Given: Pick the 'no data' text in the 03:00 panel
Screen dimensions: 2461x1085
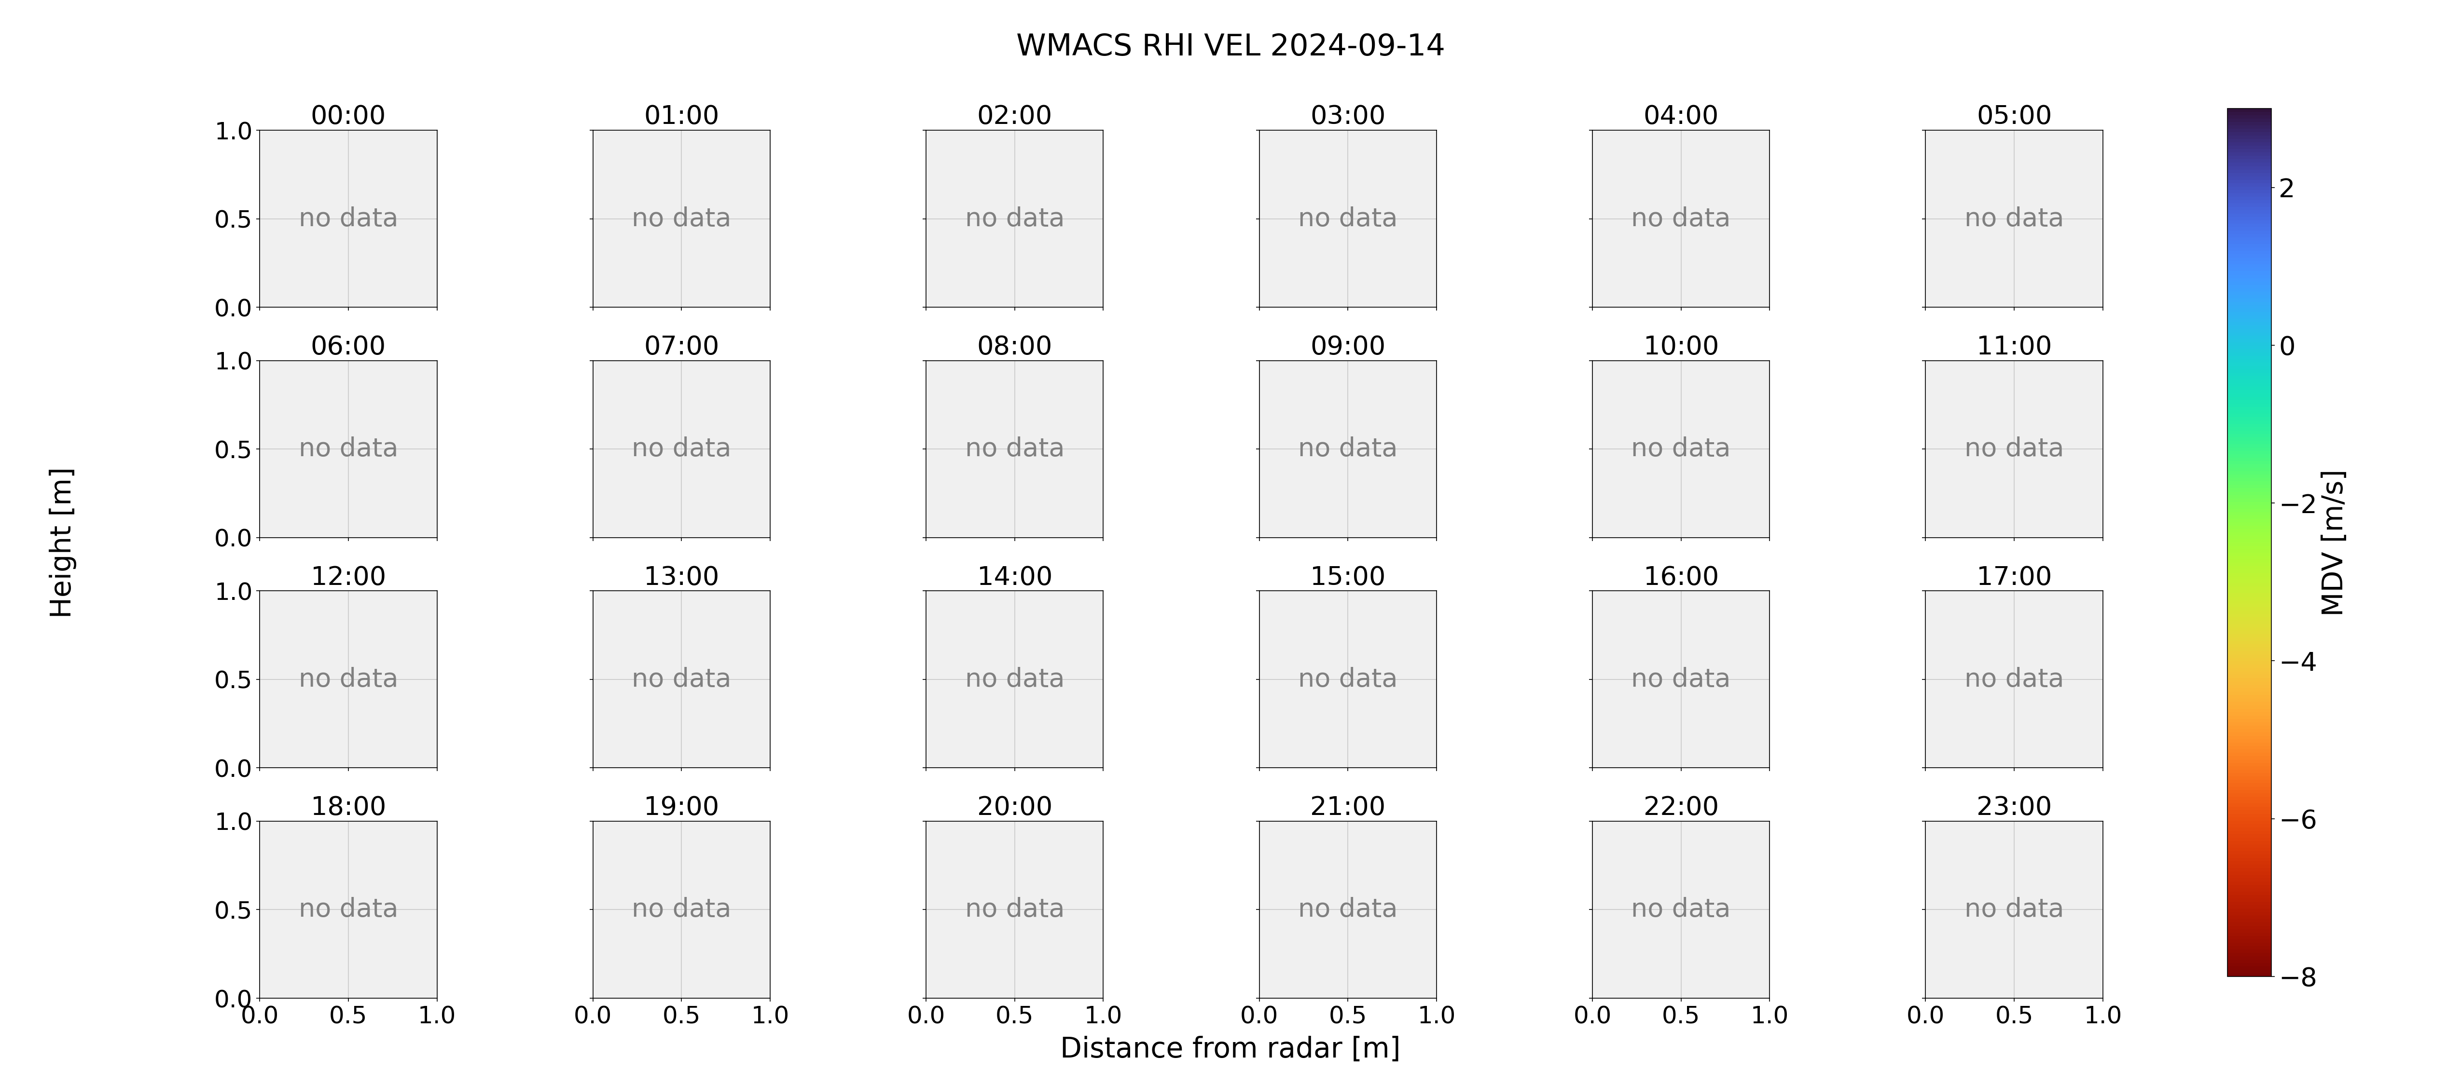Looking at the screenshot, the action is point(1347,218).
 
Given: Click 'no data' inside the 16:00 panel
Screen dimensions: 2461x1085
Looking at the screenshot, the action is point(1680,678).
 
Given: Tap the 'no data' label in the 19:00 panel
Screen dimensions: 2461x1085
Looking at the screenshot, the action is point(681,909).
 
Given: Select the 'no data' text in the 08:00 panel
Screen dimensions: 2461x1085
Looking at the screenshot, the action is point(1014,448).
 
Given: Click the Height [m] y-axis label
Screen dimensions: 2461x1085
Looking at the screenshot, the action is point(61,542).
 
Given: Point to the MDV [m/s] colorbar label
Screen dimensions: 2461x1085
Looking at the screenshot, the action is point(2332,542).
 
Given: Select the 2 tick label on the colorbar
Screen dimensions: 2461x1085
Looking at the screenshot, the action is point(2286,188).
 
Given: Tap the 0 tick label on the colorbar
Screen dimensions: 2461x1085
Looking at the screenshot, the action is point(2286,346).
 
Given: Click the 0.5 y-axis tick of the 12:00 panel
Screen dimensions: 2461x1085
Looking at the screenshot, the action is point(233,680).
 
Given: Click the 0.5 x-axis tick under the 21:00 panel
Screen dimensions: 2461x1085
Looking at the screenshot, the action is point(1347,1015).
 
